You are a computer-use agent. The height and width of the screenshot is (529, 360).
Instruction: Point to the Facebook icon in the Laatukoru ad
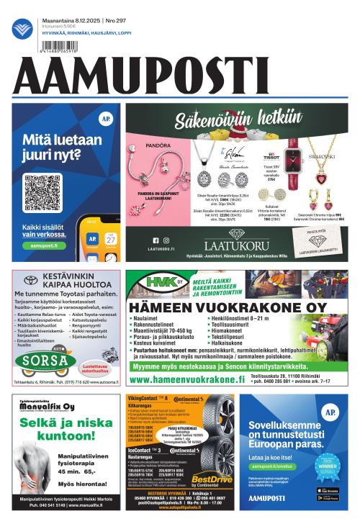[155, 240]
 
